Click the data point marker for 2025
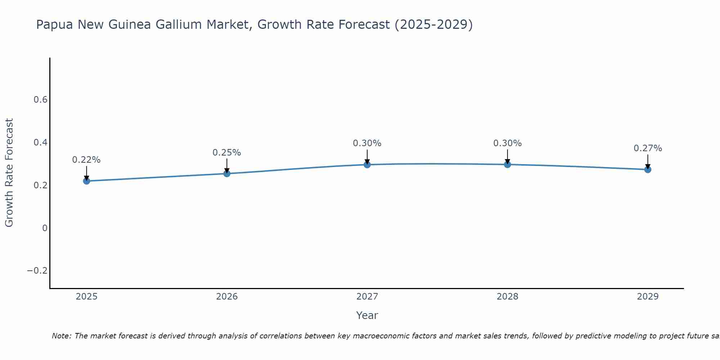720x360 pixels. click(86, 181)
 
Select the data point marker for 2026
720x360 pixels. click(227, 174)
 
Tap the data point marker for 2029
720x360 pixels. click(648, 169)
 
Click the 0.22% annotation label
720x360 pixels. click(86, 160)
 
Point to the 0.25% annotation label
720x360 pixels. click(227, 153)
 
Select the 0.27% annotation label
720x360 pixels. click(648, 148)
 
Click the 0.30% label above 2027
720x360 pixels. click(367, 143)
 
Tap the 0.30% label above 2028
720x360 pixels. click(507, 143)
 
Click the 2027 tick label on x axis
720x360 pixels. click(367, 297)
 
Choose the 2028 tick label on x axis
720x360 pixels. click(507, 297)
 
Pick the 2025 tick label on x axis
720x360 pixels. click(86, 297)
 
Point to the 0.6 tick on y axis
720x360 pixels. click(40, 100)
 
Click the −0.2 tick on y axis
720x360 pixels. click(37, 271)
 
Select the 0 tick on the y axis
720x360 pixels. click(45, 228)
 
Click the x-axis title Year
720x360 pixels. click(367, 315)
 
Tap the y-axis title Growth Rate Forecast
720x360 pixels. click(9, 173)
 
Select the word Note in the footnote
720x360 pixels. click(61, 336)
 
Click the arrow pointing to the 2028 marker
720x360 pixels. click(507, 157)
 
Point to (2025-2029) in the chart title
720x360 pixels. click(433, 24)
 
